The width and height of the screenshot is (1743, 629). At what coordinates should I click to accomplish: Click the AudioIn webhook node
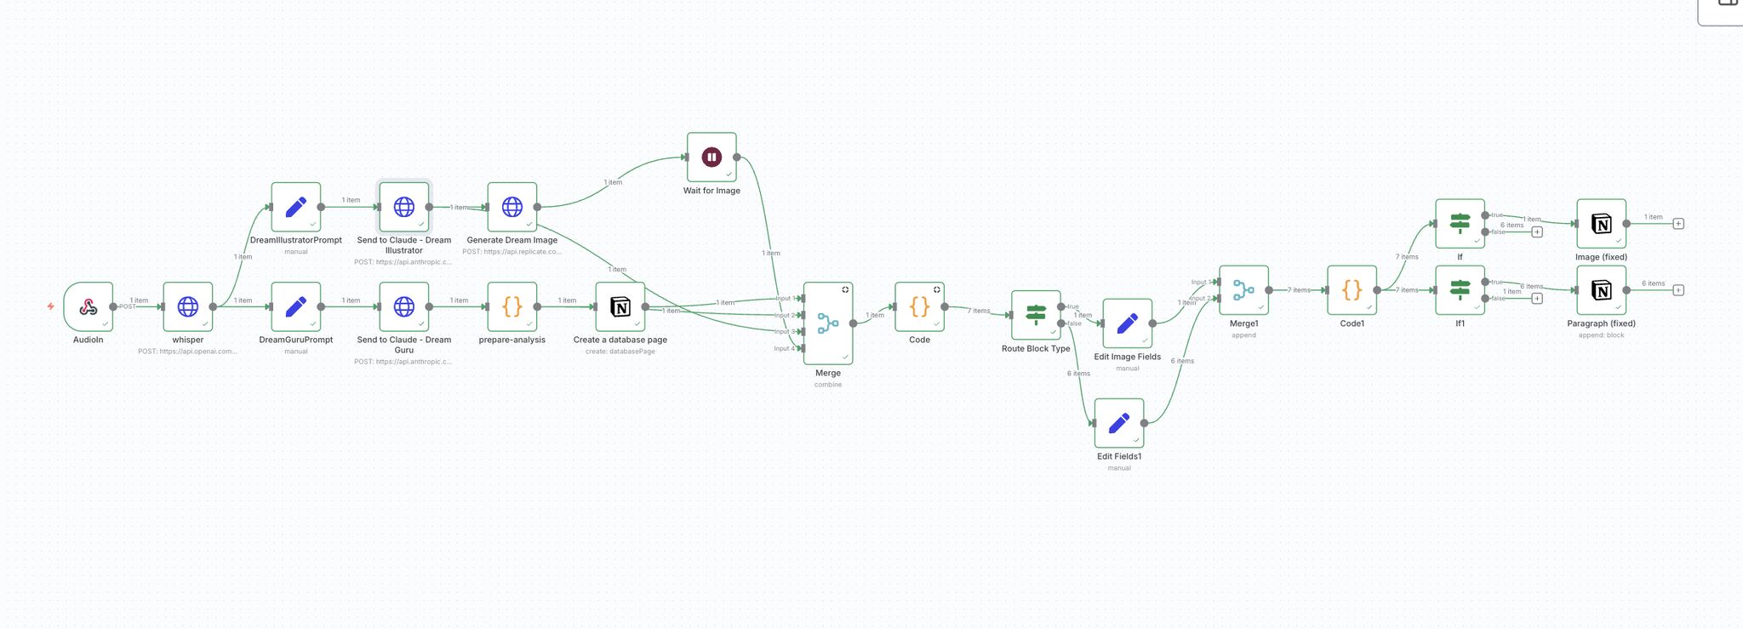(89, 306)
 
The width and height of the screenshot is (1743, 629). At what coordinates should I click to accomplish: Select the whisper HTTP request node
(188, 306)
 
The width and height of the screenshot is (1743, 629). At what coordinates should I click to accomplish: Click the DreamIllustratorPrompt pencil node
(296, 207)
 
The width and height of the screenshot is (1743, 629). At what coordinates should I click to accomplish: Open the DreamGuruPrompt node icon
(296, 306)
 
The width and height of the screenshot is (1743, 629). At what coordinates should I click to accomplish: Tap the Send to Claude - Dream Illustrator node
(404, 207)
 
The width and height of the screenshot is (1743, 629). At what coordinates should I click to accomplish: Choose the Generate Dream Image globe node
(512, 207)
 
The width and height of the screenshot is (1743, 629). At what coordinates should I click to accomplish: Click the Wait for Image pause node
(711, 157)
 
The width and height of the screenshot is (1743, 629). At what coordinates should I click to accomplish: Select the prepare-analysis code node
(512, 306)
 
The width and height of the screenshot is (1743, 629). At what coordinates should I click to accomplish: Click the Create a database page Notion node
(620, 306)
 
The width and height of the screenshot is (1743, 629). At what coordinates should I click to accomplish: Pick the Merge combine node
(828, 323)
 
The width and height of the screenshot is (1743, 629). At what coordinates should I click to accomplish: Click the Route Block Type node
(1036, 315)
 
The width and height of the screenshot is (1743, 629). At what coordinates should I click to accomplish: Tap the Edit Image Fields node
(1127, 323)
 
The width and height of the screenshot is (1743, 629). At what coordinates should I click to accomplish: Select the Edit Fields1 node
(1119, 423)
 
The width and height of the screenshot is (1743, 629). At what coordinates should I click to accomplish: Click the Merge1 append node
(1243, 290)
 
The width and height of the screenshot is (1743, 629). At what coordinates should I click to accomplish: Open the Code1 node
(1352, 290)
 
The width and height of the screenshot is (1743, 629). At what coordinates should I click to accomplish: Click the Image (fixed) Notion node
(1601, 224)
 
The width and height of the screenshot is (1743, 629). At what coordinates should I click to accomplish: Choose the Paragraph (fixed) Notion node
(1601, 290)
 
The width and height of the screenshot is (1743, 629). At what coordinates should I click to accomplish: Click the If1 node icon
(1460, 290)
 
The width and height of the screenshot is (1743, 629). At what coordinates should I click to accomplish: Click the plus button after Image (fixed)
(1678, 224)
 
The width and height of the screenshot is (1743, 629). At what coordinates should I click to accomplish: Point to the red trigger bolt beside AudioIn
(51, 306)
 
